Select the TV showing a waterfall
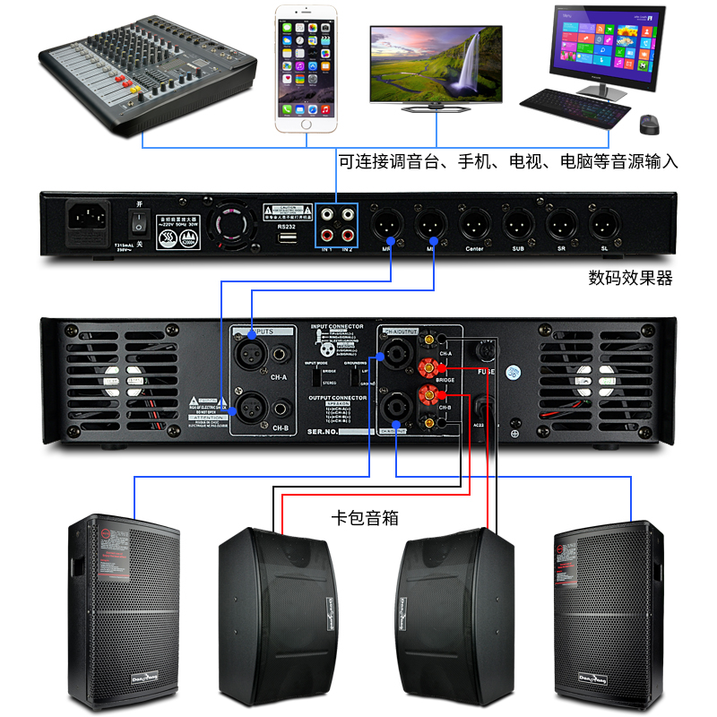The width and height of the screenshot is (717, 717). click(x=436, y=66)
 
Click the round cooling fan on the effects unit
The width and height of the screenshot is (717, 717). click(x=231, y=223)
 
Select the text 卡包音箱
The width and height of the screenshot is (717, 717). click(x=365, y=518)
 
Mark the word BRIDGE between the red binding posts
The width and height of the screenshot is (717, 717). click(x=445, y=380)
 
